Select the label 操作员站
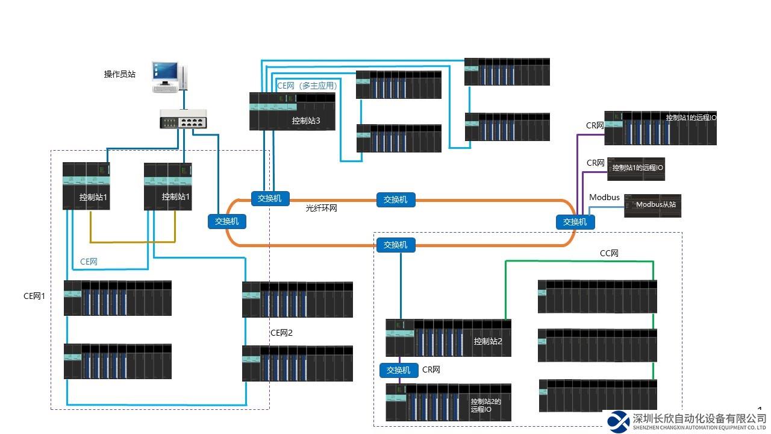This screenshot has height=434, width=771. [x=120, y=75]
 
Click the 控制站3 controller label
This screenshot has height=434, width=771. [x=306, y=121]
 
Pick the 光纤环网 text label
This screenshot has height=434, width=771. [x=322, y=207]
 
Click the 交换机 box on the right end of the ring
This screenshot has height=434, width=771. [x=575, y=222]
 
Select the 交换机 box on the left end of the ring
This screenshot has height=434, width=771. [x=227, y=221]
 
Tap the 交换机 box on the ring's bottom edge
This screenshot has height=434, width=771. [x=396, y=245]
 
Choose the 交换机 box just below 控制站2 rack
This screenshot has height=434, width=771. [x=399, y=370]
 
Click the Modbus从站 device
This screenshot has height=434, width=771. [x=653, y=205]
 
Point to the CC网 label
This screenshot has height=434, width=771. [x=609, y=254]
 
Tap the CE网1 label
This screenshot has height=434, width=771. [x=34, y=296]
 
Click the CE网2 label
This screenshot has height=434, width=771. [x=281, y=333]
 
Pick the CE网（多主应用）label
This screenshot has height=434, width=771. [x=307, y=86]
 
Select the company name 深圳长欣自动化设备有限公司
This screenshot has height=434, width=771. [x=699, y=418]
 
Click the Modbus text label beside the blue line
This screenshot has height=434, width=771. [x=604, y=198]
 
